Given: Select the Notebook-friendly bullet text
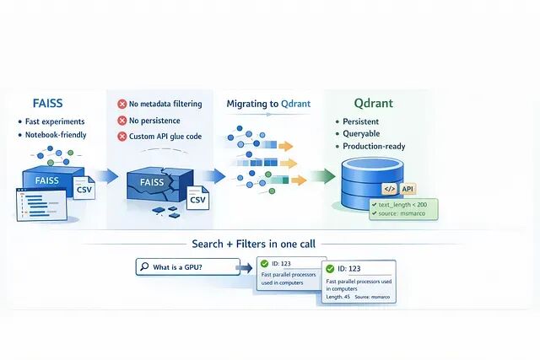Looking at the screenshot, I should pos(57,134).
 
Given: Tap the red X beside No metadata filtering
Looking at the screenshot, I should pos(123,105).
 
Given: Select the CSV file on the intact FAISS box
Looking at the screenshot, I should pos(84,191).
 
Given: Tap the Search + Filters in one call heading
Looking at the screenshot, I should pos(253,244).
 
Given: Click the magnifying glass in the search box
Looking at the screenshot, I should pos(144,268).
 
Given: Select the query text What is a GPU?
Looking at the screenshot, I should pos(177,268).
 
